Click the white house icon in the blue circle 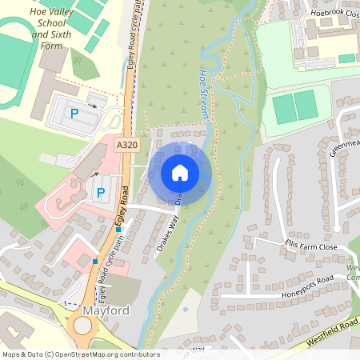[180, 172]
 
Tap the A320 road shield [126, 145]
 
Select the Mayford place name [107, 308]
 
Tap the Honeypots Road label [307, 285]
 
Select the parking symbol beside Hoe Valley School [74, 114]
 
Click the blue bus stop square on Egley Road [118, 230]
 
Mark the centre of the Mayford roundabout [82, 326]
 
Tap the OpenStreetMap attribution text [80, 354]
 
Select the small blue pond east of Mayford [186, 309]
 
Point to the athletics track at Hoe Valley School [12, 60]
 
